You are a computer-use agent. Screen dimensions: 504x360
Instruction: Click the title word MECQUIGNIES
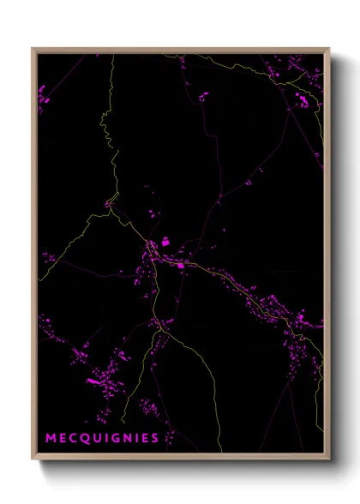102,438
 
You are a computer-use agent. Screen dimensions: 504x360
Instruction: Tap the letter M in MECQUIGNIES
51,438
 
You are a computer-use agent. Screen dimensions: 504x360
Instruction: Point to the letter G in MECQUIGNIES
115,438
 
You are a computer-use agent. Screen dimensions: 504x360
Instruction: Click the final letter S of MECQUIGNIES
155,438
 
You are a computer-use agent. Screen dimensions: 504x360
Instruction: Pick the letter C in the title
74,438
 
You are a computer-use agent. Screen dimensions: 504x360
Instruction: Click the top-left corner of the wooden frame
33,49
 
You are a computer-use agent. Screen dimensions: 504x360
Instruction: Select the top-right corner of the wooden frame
328,49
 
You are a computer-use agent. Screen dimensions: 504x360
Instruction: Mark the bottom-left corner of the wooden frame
33,458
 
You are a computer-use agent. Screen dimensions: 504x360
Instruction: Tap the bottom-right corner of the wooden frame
328,458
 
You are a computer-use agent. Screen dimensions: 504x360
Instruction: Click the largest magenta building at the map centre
165,243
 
